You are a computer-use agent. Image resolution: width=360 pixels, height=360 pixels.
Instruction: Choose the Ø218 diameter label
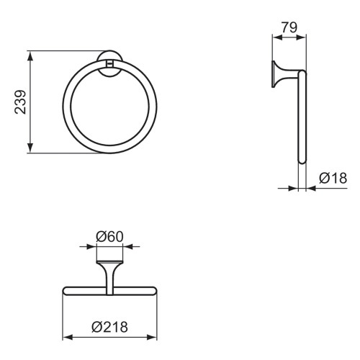(x=110, y=327)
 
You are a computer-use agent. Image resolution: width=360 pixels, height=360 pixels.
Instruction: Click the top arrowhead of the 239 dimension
(x=31, y=55)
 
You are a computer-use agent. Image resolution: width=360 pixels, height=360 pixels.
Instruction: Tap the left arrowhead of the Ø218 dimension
(x=68, y=337)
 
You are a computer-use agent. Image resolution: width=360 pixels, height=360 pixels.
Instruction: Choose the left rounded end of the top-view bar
(x=66, y=291)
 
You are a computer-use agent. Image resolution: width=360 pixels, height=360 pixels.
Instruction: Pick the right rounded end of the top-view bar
(x=153, y=291)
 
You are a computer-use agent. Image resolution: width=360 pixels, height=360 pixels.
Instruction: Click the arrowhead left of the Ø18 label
(x=294, y=189)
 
